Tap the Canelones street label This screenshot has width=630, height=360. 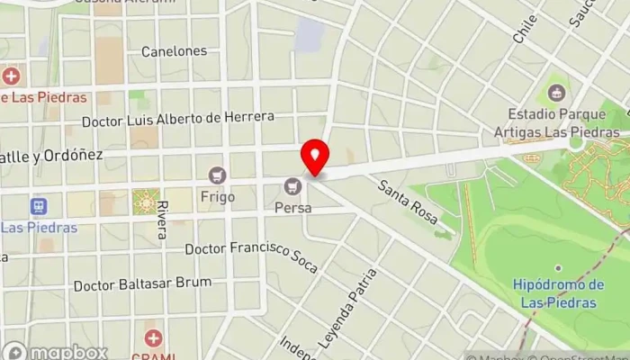click(x=174, y=51)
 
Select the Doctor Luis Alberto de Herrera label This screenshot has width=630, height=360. click(x=176, y=119)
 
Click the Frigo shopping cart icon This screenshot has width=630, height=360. click(x=216, y=175)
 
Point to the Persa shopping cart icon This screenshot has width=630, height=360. click(x=292, y=186)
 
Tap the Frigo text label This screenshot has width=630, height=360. click(x=218, y=196)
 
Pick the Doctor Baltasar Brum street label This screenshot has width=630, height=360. click(x=143, y=283)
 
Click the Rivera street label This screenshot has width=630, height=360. click(x=161, y=220)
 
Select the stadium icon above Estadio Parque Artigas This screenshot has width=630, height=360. click(x=556, y=92)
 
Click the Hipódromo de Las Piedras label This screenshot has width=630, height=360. click(x=558, y=293)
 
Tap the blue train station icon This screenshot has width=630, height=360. click(x=38, y=206)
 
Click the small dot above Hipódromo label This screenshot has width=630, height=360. click(x=558, y=268)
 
